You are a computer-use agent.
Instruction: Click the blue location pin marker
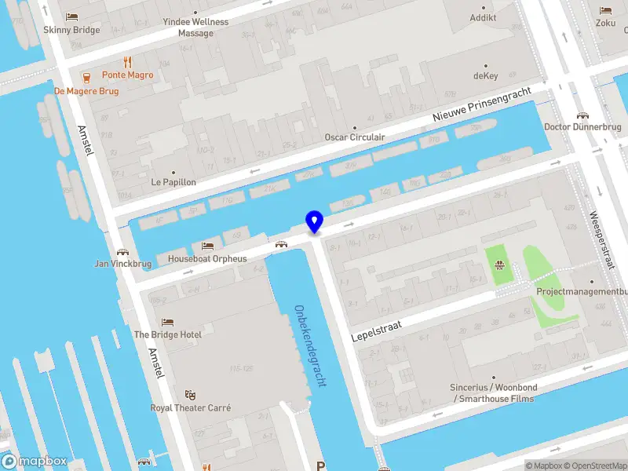(x=314, y=222)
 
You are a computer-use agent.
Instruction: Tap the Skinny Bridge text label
(x=72, y=30)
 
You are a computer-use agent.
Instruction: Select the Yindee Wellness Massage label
(x=195, y=27)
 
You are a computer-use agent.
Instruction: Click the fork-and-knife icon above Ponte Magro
(x=127, y=62)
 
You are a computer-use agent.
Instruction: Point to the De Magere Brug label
(x=86, y=90)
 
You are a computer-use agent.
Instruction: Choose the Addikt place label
(x=483, y=18)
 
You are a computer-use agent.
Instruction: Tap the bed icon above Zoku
(x=605, y=10)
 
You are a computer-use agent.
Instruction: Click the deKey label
(x=486, y=76)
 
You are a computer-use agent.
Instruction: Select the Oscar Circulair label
(x=355, y=137)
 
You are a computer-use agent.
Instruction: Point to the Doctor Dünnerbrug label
(x=582, y=127)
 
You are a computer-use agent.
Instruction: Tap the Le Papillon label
(x=173, y=182)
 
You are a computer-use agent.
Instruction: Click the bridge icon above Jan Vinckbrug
(x=122, y=252)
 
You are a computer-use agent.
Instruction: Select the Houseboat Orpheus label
(x=207, y=259)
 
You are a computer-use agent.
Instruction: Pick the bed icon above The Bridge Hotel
(x=167, y=322)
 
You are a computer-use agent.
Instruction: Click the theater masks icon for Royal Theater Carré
(x=189, y=395)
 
